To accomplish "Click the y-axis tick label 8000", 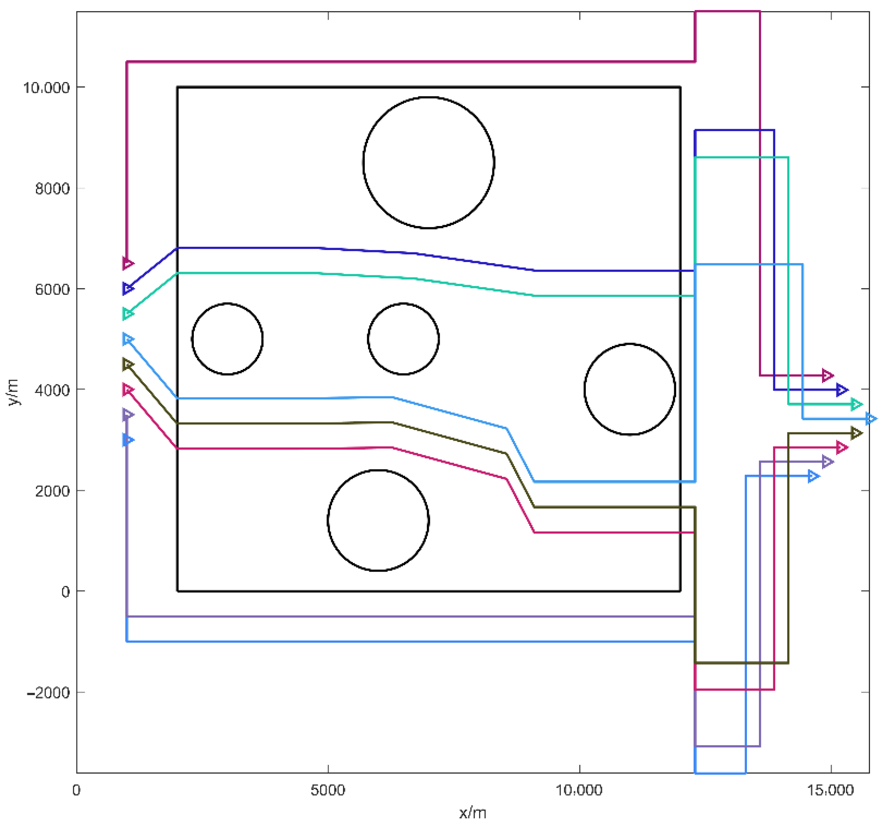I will tap(52, 189).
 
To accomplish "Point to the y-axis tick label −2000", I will tap(49, 692).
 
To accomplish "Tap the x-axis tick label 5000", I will tap(328, 790).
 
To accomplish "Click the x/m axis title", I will tap(473, 813).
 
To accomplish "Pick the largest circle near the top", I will tap(428, 162).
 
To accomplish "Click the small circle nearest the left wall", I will tap(227, 339).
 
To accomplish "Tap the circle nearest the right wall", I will tap(629, 389).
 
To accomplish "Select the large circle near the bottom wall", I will tap(378, 520).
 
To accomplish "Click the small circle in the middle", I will tap(403, 339).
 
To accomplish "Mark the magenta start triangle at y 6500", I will tap(128, 264).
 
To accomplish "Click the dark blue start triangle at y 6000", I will tap(128, 289).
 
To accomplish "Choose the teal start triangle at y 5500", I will tap(128, 314).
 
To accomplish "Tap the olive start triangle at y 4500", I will tap(128, 364).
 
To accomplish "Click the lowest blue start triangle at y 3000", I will tap(128, 440).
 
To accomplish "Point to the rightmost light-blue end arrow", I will tap(870, 419).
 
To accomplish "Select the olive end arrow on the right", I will tap(856, 433).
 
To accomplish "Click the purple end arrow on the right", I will tap(827, 462).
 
